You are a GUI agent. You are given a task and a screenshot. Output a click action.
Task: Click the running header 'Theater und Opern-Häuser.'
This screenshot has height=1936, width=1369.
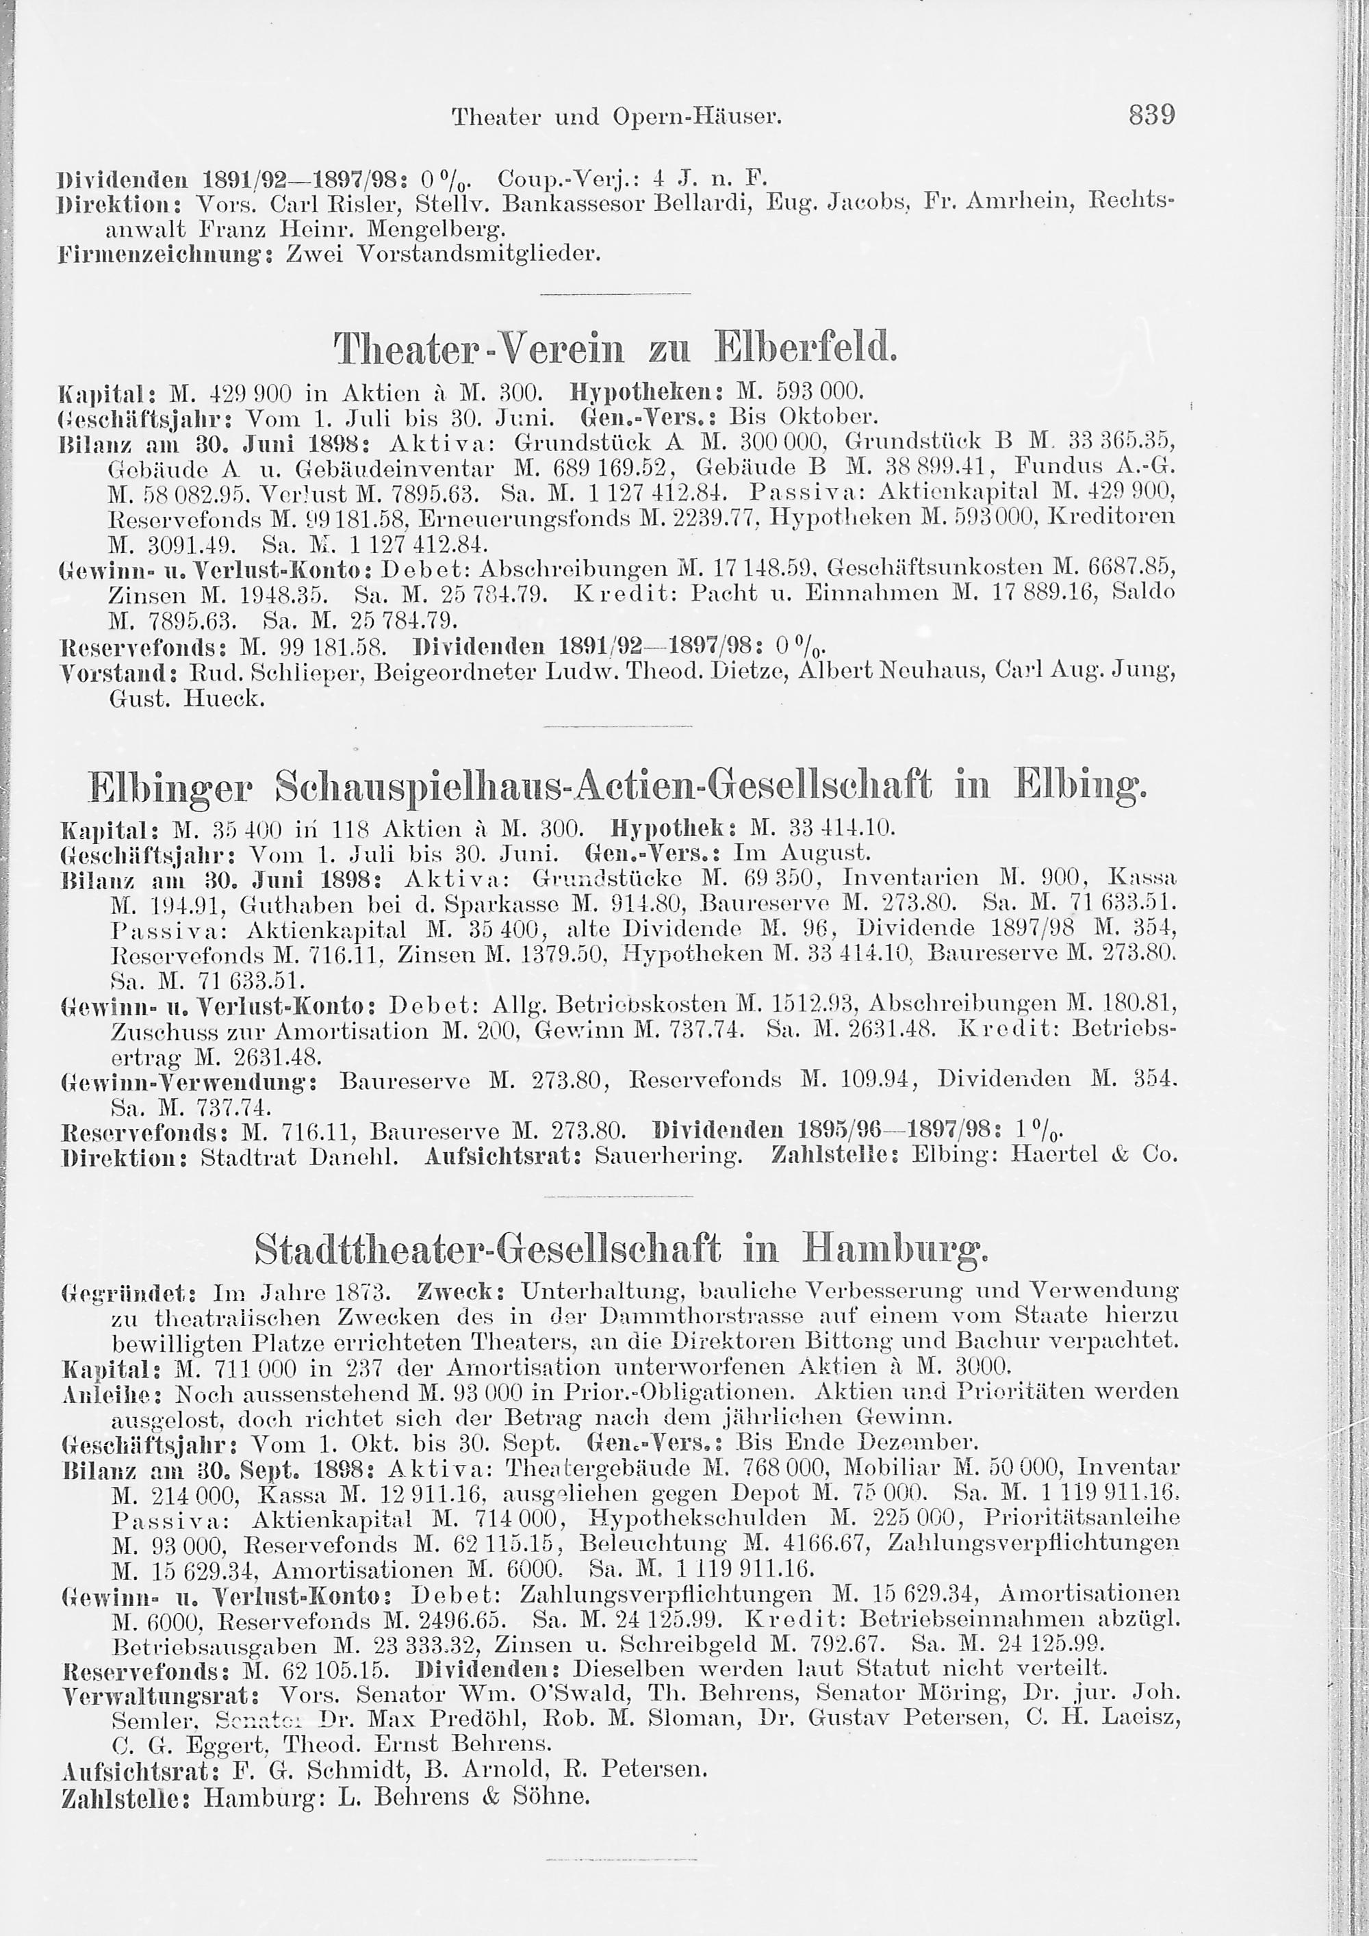click(617, 116)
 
